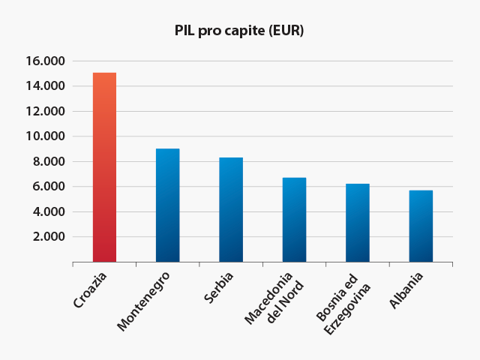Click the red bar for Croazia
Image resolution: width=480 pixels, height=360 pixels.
(104, 167)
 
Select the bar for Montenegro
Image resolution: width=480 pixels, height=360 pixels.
(167, 205)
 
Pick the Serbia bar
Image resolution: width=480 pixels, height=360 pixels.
(231, 210)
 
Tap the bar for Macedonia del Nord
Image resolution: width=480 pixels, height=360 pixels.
(294, 220)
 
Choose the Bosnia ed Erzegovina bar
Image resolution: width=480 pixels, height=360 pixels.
(358, 223)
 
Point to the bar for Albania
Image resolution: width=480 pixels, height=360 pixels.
(421, 226)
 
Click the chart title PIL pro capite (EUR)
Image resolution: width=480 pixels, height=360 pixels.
(239, 31)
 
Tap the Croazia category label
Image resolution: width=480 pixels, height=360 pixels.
(91, 291)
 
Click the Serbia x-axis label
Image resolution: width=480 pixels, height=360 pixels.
(219, 289)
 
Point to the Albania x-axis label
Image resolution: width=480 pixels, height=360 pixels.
(407, 290)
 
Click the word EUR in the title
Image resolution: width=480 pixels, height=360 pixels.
(289, 31)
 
